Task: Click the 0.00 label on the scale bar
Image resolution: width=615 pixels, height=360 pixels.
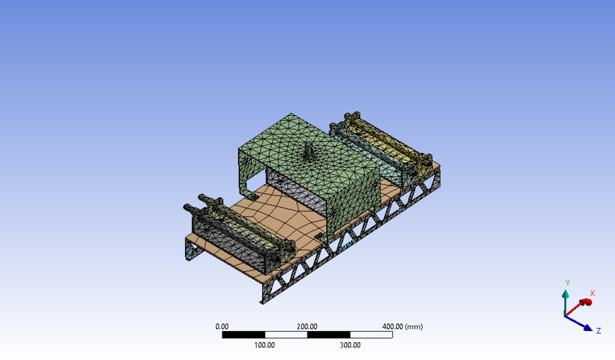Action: click(x=222, y=326)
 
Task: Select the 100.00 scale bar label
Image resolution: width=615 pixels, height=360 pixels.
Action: click(x=265, y=345)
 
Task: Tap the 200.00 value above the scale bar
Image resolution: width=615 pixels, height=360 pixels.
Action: click(x=307, y=326)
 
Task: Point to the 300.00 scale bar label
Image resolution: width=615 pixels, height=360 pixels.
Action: click(x=350, y=345)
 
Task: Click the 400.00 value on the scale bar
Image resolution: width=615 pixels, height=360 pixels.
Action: click(x=393, y=326)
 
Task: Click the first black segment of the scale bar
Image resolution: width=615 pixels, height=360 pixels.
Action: click(x=243, y=334)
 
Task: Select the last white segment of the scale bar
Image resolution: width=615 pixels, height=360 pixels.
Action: click(x=371, y=334)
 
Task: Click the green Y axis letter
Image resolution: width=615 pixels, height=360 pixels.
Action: click(x=568, y=282)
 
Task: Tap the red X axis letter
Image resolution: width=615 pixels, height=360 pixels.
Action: click(x=592, y=293)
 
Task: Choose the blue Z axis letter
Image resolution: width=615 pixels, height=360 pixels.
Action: click(x=598, y=331)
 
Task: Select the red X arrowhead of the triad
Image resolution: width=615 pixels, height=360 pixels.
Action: click(x=584, y=302)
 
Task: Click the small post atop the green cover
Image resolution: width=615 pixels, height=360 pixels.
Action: click(x=309, y=151)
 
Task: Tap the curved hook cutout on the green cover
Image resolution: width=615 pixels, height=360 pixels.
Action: click(x=247, y=186)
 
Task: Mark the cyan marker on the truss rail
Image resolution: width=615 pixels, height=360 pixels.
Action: click(x=346, y=245)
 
